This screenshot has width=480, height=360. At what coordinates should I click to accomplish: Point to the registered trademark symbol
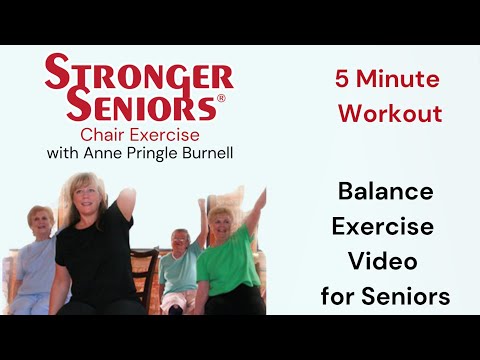(222, 100)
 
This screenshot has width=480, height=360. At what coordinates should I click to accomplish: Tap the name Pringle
(155, 154)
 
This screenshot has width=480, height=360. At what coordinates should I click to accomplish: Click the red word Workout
(390, 113)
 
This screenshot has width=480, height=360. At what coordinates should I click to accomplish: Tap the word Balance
(385, 191)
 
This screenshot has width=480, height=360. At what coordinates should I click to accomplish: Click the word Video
(385, 261)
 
